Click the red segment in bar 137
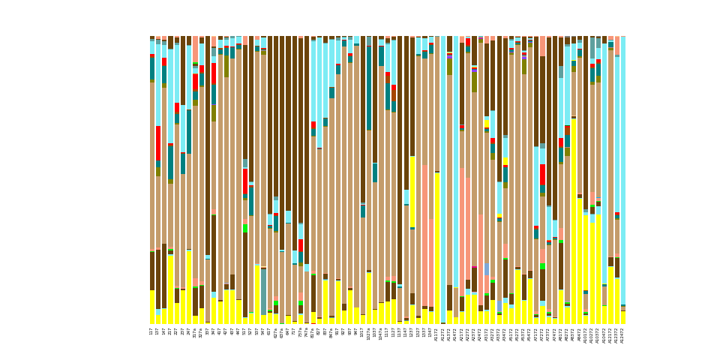pos(158,142)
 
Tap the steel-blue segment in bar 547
pos(263,291)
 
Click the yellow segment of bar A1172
pos(437,248)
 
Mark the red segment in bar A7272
pos(542,175)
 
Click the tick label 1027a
pos(369,334)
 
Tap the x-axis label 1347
pos(430,331)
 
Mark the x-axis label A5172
pos(511,334)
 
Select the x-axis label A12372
pos(616,334)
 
